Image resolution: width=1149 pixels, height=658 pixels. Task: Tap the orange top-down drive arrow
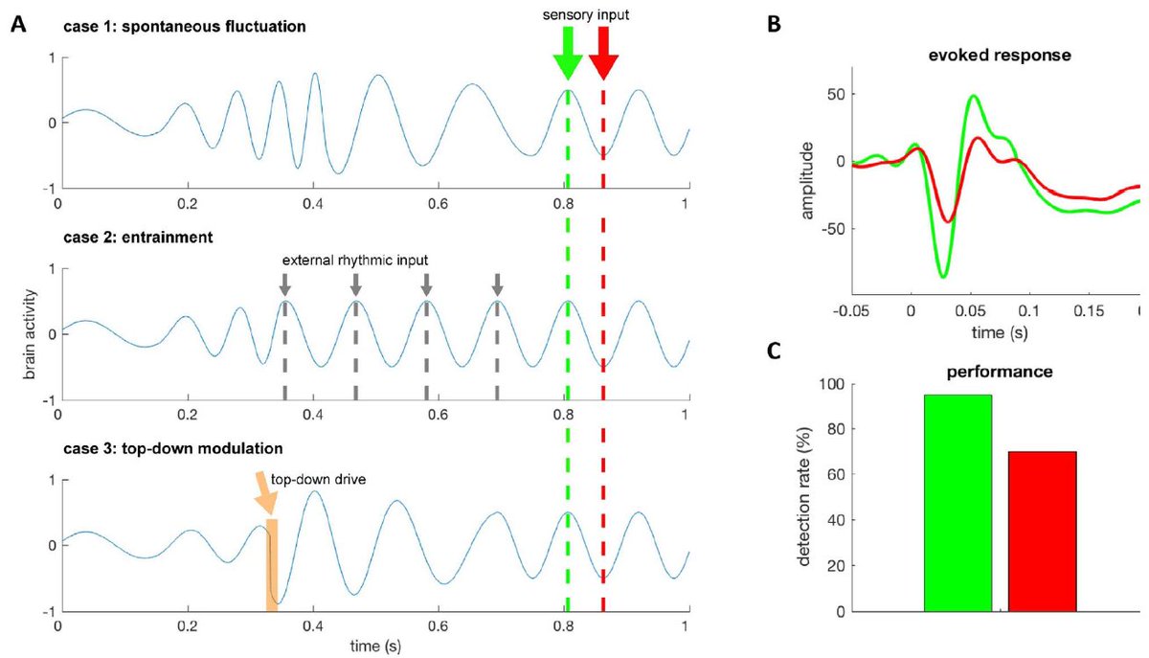coord(265,492)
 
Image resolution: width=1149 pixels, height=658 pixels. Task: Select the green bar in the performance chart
coord(957,503)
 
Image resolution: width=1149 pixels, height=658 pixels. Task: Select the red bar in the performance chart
coord(1042,531)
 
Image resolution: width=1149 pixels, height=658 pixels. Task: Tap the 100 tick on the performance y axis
coord(836,384)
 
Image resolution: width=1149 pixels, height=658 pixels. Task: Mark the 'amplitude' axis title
coord(807,181)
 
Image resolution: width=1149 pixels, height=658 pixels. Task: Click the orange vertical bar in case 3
coord(272,564)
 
